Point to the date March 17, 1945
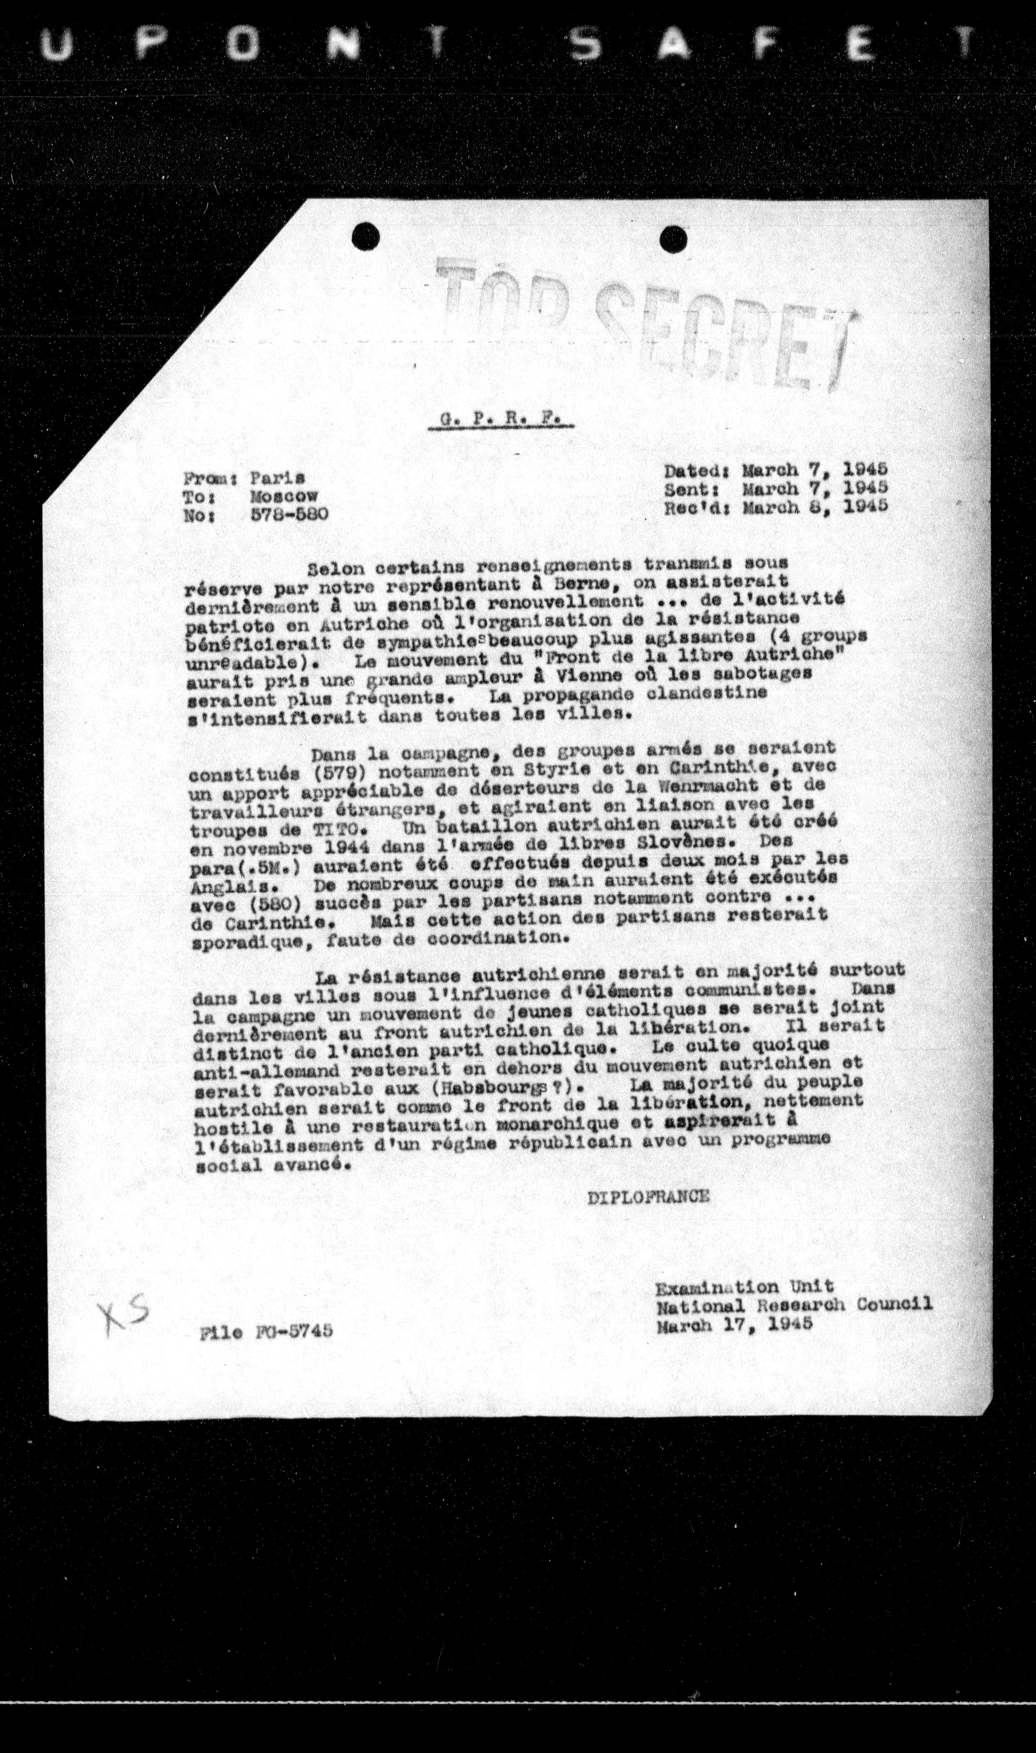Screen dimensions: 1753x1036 coord(735,1323)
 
